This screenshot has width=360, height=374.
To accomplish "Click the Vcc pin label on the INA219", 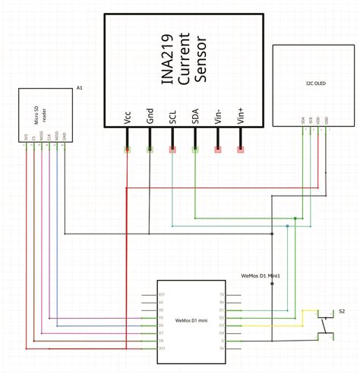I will coord(127,118).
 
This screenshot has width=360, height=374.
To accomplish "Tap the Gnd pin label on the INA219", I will coord(150,118).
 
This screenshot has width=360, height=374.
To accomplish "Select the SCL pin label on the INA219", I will coord(173,118).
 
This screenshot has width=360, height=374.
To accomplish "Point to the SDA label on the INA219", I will coord(196,118).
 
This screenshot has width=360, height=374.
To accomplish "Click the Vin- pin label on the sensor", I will coord(219,117).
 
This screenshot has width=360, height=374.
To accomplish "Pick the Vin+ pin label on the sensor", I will coord(242,117).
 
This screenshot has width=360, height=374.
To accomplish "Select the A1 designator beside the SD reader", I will coord(80,90).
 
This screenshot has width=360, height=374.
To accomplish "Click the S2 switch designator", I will coord(342,311).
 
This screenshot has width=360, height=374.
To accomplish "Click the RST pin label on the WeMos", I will coord(161,294).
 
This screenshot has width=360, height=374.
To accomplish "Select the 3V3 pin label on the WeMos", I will coord(161,348).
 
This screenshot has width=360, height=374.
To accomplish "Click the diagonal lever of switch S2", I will coord(324,325).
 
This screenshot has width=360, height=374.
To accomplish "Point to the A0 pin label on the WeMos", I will coord(161,301).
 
